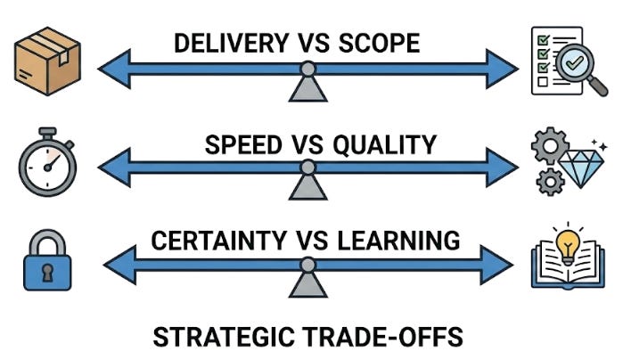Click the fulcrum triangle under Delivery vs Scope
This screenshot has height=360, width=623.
tap(307, 87)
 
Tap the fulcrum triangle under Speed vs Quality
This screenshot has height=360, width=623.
tap(307, 185)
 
